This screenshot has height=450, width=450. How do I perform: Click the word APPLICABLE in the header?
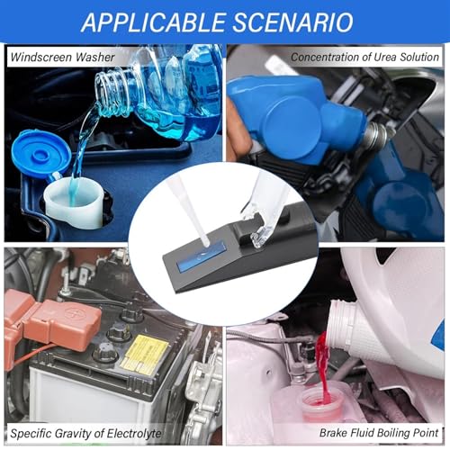tap(154, 22)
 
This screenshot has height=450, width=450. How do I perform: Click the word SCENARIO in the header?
tap(293, 22)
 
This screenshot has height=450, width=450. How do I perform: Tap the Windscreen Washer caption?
tap(62, 57)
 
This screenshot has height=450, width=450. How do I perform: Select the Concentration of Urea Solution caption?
tap(364, 57)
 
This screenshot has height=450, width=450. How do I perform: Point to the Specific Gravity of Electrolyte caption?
tap(85, 434)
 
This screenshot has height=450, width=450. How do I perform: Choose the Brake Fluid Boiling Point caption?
tap(379, 433)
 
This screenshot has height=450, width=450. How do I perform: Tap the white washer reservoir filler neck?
tap(74, 202)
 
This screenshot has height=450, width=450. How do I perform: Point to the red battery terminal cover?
tap(51, 322)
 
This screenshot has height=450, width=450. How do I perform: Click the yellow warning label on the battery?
tap(145, 355)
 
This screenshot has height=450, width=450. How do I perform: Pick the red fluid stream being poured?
tap(323, 367)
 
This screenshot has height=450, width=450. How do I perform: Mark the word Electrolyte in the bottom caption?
tap(134, 434)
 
